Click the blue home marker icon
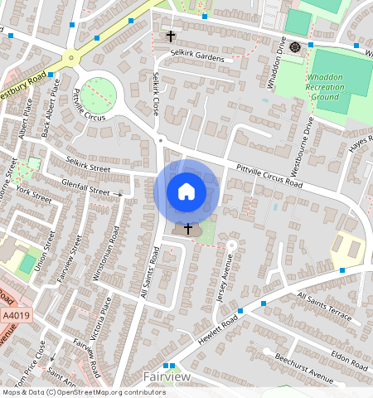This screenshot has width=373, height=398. pos(186,192)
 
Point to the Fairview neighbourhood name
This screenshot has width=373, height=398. pos(167,377)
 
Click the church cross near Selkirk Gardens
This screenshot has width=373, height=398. pos(172,36)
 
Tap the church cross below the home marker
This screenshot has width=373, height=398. pos(188,228)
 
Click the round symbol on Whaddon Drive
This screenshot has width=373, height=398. pos(295,46)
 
